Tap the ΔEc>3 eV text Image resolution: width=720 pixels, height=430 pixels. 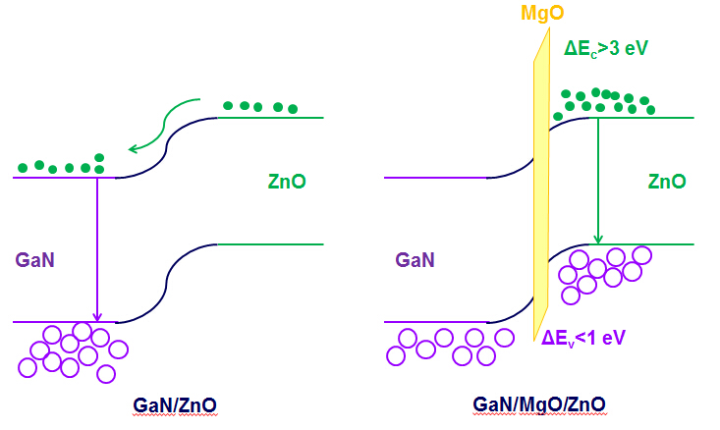[606, 46]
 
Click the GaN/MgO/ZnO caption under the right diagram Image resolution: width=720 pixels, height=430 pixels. [538, 403]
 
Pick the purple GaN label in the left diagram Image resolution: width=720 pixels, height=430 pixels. [32, 260]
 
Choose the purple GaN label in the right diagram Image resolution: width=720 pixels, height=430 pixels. [415, 260]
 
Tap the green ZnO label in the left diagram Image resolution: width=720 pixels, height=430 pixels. [286, 182]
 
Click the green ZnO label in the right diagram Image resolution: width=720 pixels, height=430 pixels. [667, 182]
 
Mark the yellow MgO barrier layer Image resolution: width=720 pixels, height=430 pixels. [539, 196]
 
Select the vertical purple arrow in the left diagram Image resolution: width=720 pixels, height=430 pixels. [96, 245]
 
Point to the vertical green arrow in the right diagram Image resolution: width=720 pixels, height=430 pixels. [597, 182]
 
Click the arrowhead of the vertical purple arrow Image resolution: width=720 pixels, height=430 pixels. [96, 315]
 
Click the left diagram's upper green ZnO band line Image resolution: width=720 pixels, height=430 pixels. [270, 118]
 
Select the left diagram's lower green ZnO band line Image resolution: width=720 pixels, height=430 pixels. [270, 243]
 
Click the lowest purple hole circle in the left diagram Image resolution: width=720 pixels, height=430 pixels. [106, 373]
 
